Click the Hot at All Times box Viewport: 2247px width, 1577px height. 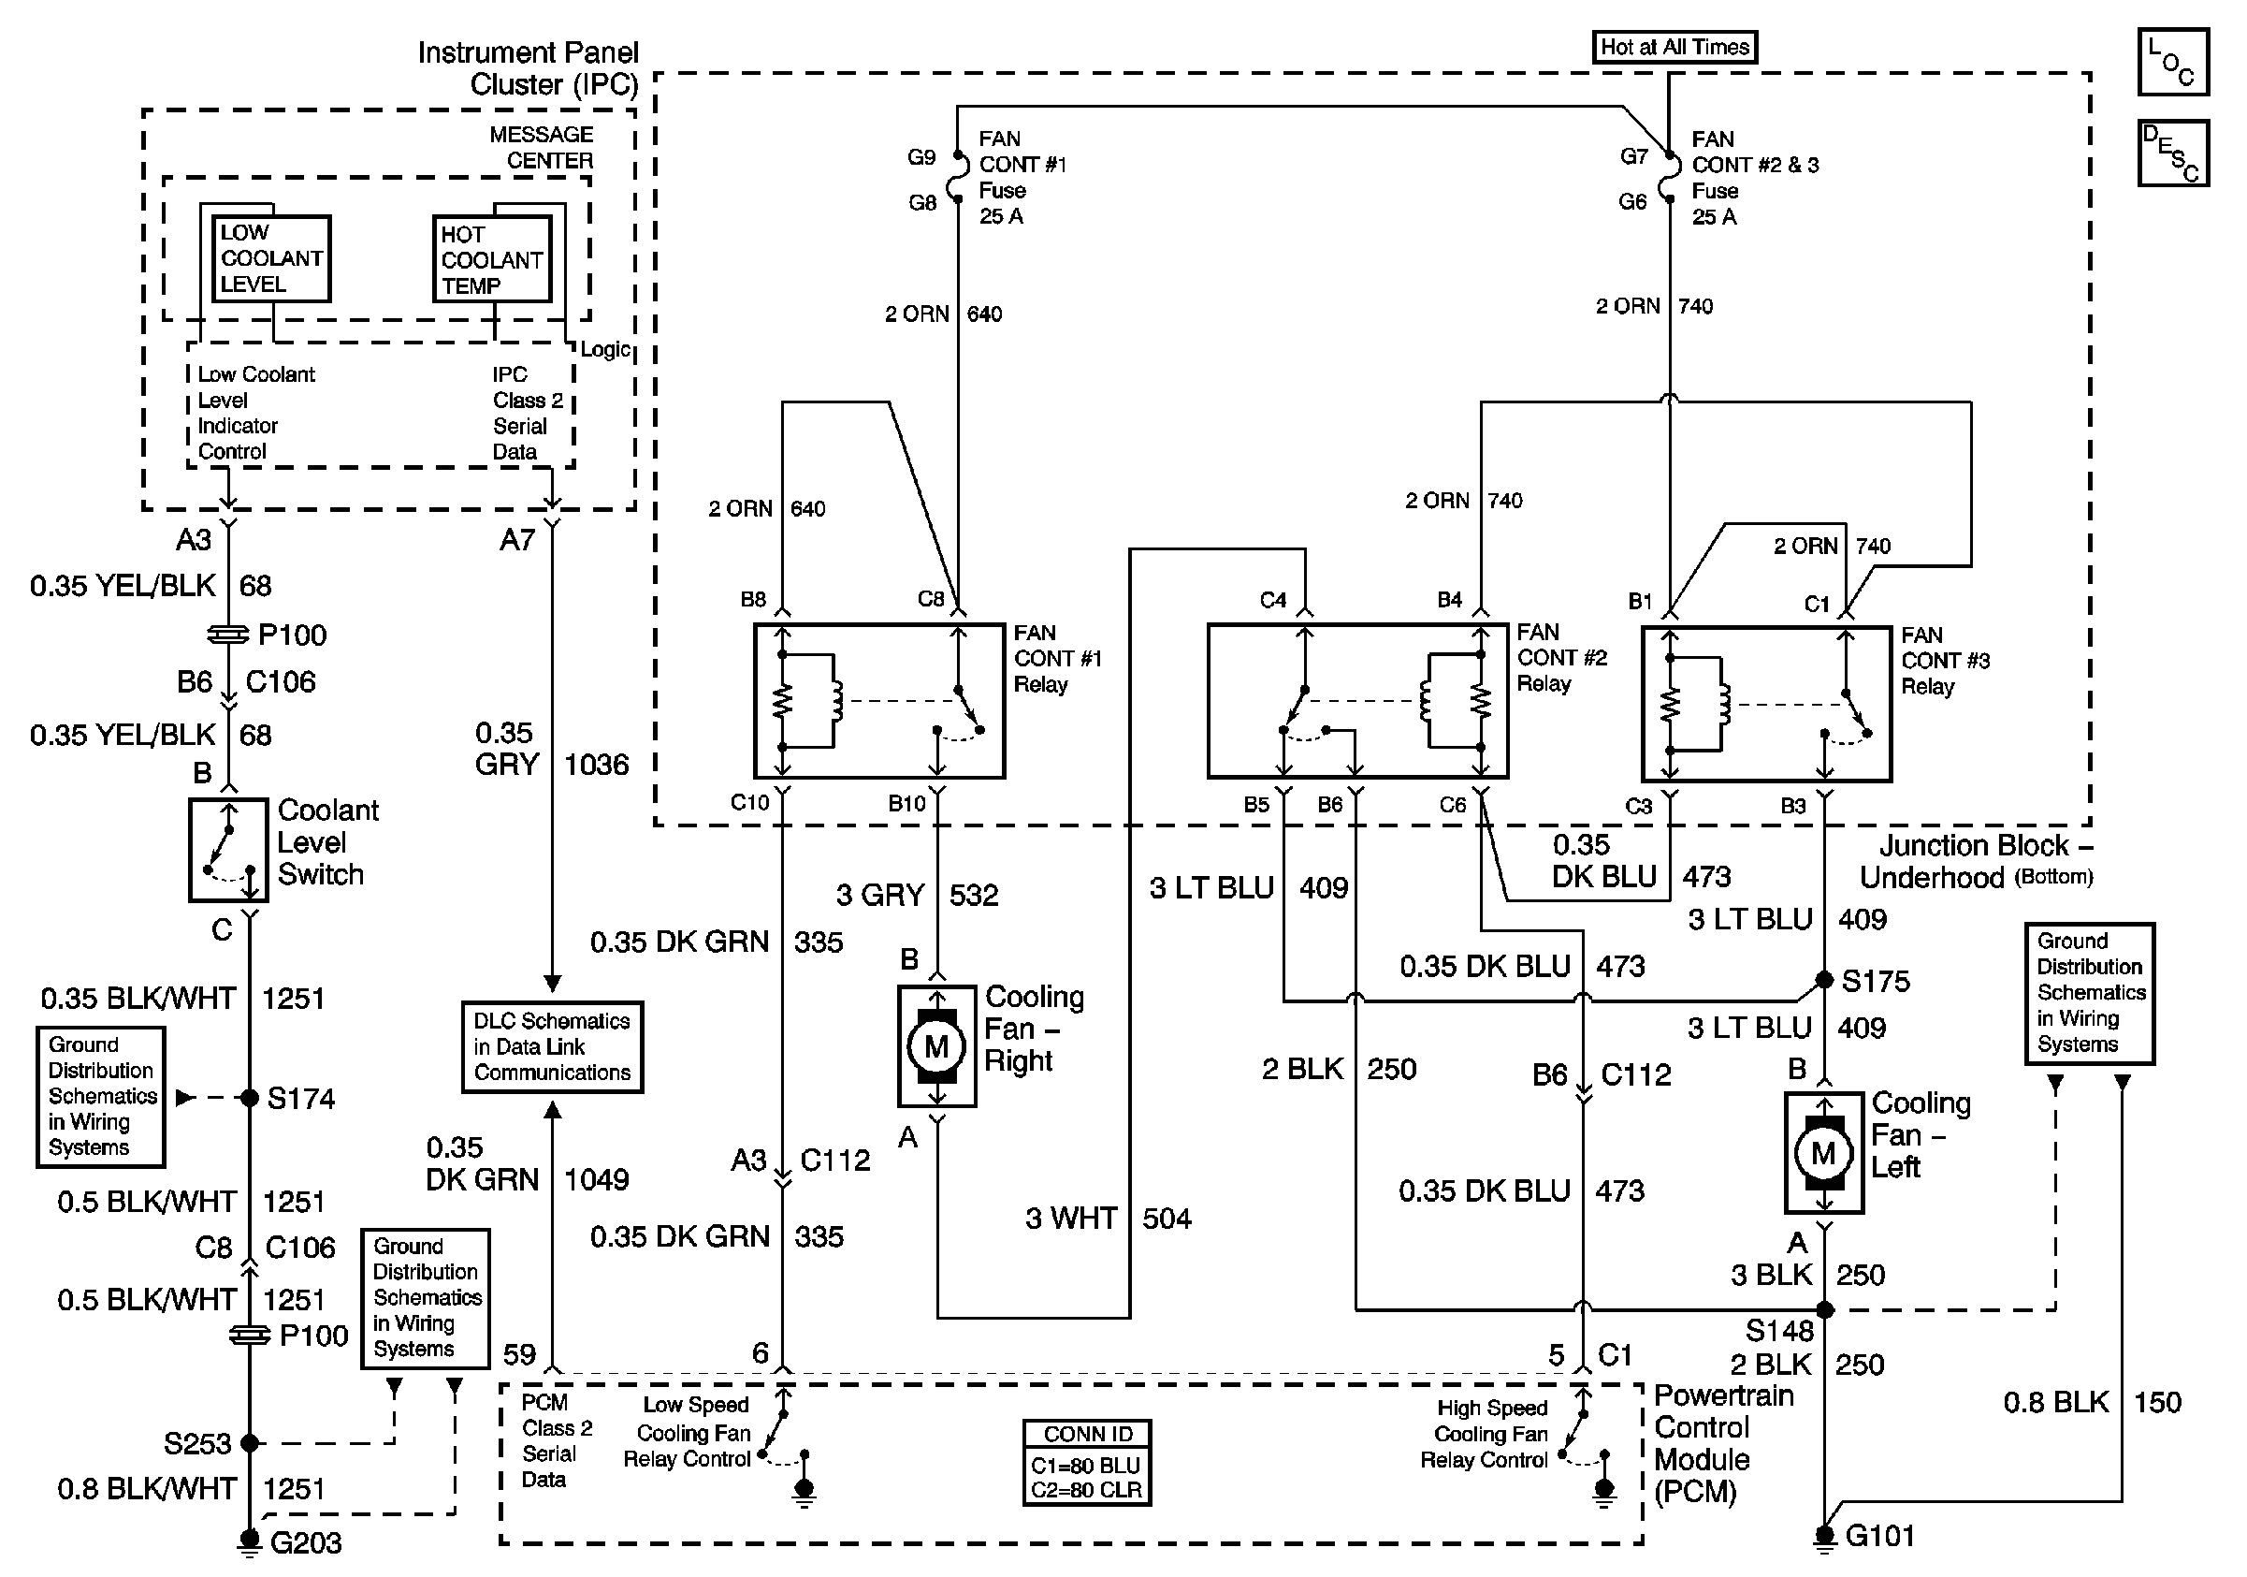[x=1674, y=47]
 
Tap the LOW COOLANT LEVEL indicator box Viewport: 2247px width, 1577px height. [x=271, y=258]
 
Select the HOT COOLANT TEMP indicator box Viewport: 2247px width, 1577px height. [x=491, y=259]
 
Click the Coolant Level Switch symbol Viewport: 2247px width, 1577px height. [x=228, y=850]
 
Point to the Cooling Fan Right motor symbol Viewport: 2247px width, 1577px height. [x=936, y=1046]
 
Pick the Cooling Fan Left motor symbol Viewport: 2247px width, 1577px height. [x=1823, y=1153]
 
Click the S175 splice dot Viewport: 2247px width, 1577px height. [x=1824, y=980]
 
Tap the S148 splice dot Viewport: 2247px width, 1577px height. [x=1824, y=1309]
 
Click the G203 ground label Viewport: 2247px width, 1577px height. [x=305, y=1543]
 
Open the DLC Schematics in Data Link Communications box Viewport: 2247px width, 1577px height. [x=552, y=1046]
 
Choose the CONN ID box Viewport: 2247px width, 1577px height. [x=1086, y=1463]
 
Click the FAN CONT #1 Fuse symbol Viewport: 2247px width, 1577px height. [x=959, y=179]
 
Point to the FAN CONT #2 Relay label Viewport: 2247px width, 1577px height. [x=1560, y=658]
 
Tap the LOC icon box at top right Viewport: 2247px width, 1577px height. [x=2171, y=62]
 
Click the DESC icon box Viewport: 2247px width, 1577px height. [x=2171, y=153]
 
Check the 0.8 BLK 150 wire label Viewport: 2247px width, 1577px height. [x=2092, y=1403]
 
